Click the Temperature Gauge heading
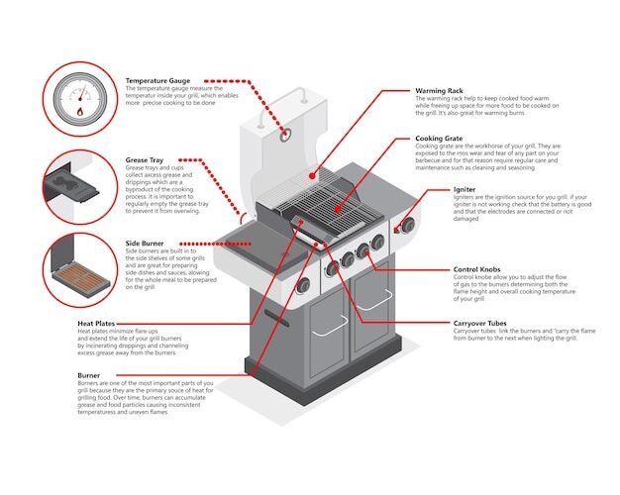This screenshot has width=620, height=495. click(x=159, y=80)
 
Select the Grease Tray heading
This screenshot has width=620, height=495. click(x=145, y=159)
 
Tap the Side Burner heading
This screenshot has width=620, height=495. click(x=146, y=243)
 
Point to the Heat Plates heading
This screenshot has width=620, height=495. click(x=99, y=323)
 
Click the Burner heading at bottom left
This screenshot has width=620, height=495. click(x=88, y=375)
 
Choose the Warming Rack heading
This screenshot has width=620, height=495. click(x=440, y=91)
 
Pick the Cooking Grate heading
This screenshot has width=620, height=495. click(x=441, y=139)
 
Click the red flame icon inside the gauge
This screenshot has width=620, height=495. click(x=80, y=112)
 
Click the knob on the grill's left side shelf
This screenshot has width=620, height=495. click(x=303, y=285)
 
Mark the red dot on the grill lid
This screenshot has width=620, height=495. click(x=285, y=133)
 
